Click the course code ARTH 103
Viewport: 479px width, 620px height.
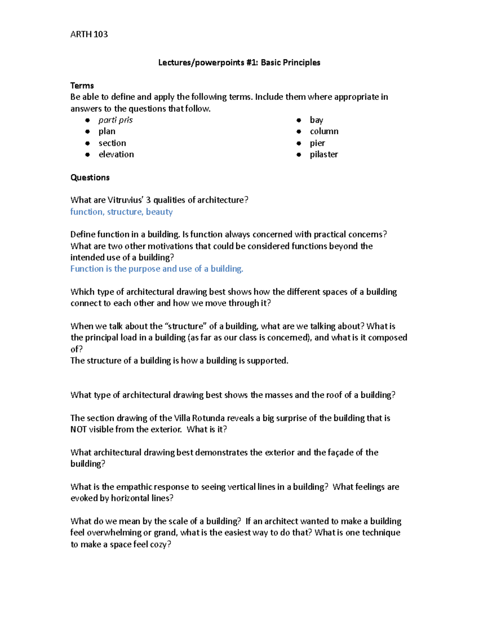click(89, 34)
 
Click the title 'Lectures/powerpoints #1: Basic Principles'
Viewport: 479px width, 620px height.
click(239, 62)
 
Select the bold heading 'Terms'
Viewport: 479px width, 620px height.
click(82, 85)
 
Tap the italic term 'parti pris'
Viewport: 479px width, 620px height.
click(115, 120)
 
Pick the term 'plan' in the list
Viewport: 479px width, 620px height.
click(107, 131)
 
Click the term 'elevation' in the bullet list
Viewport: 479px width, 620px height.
click(116, 155)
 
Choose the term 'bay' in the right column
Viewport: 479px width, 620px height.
click(316, 120)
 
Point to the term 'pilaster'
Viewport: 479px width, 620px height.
click(324, 155)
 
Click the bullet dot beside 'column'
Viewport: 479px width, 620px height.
click(299, 132)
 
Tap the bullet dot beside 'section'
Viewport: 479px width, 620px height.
click(87, 143)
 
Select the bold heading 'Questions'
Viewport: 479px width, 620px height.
click(90, 177)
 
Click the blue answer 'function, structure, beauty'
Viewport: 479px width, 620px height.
click(121, 212)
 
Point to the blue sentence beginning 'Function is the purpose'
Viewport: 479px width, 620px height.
click(156, 269)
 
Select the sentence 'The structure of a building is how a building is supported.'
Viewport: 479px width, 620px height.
click(179, 361)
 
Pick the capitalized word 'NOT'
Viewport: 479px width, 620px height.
click(78, 430)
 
